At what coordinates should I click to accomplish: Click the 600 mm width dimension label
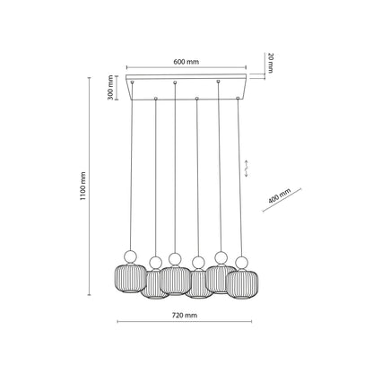tap(186, 62)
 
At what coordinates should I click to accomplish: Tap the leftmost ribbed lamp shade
tap(127, 276)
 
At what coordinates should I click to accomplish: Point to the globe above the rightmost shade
tap(240, 264)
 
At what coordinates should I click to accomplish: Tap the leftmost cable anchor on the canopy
tap(133, 82)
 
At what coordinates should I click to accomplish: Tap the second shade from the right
tap(219, 277)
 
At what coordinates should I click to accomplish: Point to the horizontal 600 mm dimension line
tap(186, 69)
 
